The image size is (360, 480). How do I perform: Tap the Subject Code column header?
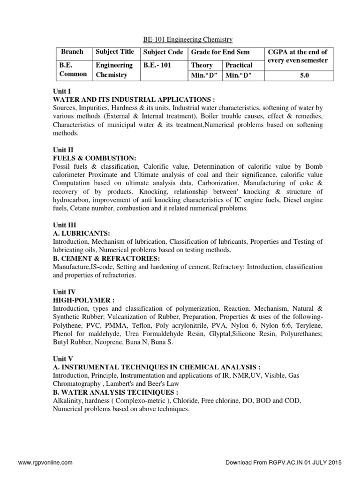[163, 52]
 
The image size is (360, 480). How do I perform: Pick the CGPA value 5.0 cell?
[305, 75]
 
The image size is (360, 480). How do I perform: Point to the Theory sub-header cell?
[202, 65]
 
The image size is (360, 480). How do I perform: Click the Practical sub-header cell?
[239, 65]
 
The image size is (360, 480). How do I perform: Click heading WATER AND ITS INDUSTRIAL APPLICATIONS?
[134, 100]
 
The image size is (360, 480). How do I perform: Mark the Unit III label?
[65, 226]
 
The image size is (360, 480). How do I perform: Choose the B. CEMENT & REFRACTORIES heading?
[107, 258]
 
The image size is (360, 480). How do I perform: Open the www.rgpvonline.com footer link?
[45, 462]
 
